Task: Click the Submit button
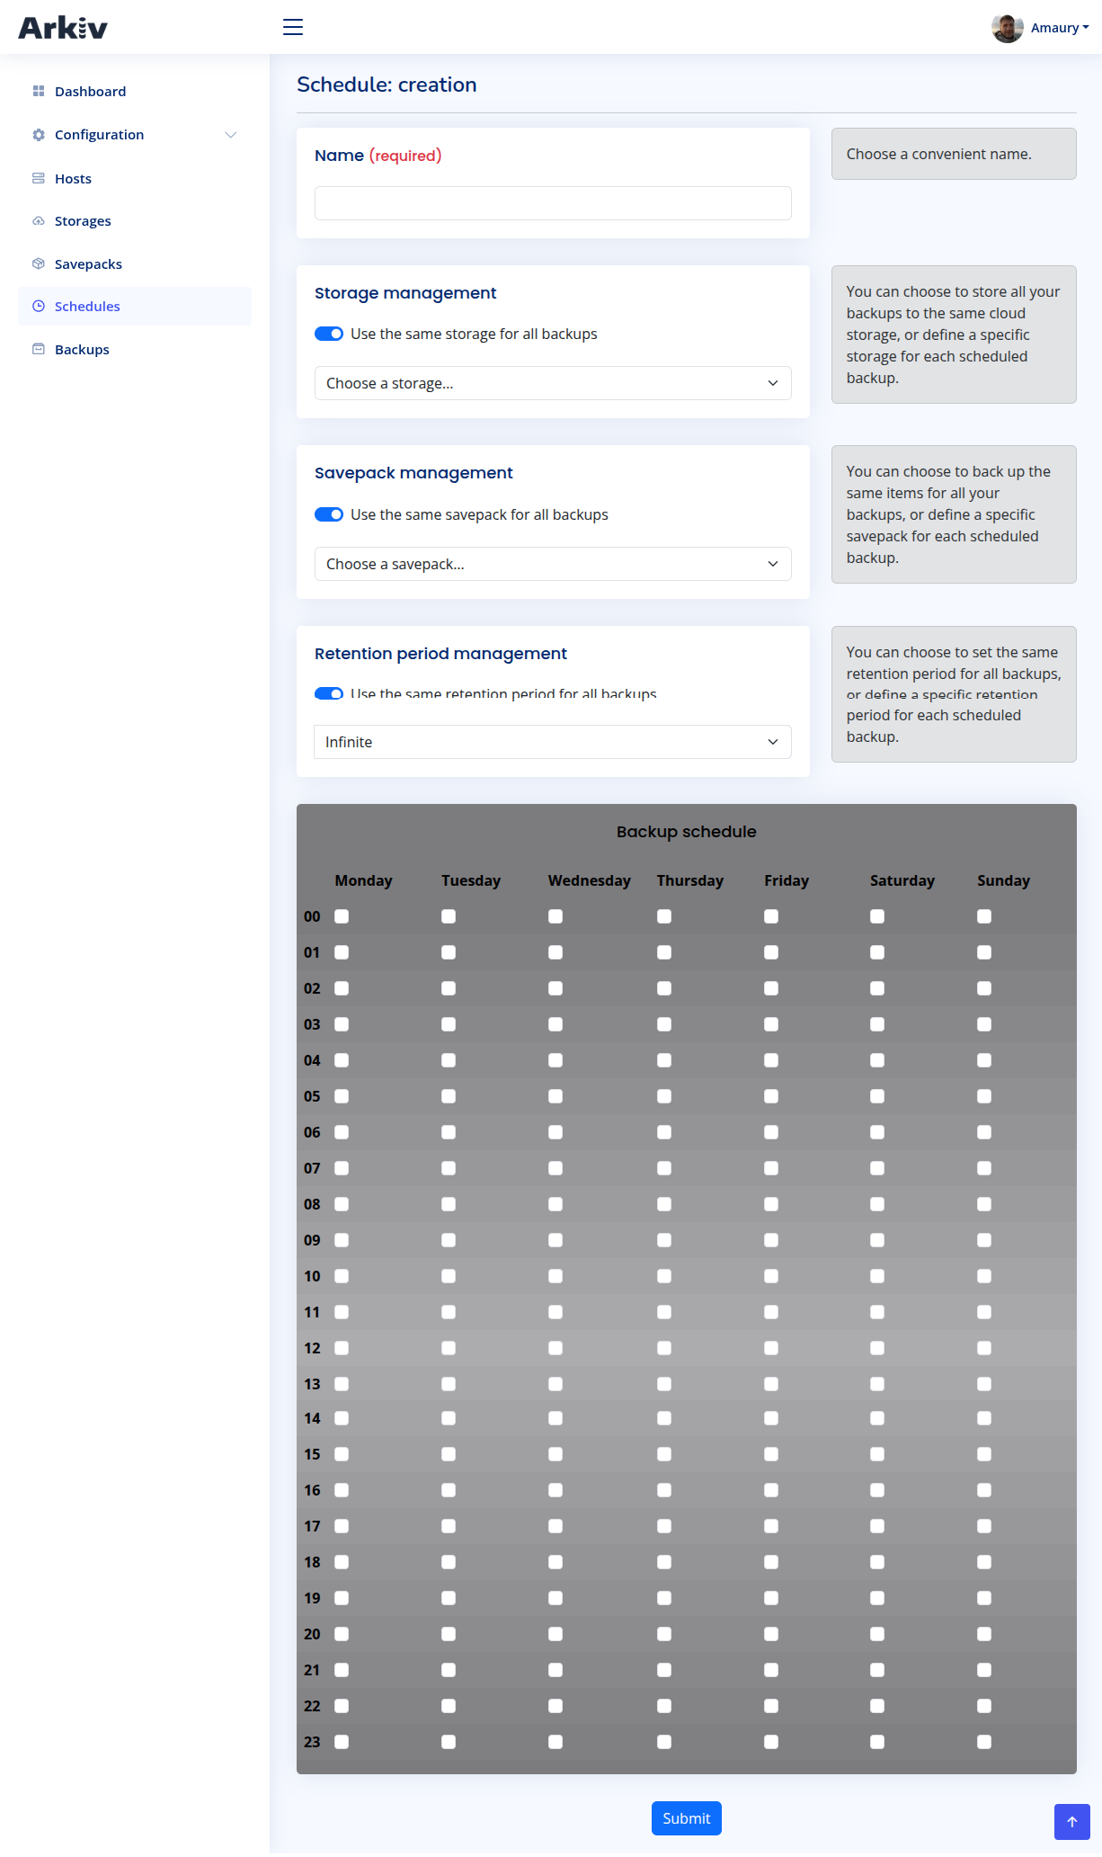[686, 1817]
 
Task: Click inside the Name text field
[553, 203]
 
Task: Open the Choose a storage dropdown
[553, 383]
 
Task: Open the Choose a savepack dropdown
[553, 564]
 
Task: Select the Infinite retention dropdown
[553, 742]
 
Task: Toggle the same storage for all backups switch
[329, 334]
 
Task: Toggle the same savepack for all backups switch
[329, 514]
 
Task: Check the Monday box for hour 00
[342, 916]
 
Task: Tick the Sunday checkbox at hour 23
[984, 1742]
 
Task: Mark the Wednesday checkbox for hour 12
[555, 1348]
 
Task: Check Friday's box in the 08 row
[771, 1204]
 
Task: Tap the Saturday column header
[902, 880]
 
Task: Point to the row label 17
[312, 1526]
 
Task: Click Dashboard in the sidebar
[90, 92]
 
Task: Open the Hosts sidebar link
[73, 179]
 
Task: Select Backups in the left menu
[82, 350]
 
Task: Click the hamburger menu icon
[293, 27]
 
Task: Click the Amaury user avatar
[1007, 28]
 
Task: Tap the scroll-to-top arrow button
[1071, 1822]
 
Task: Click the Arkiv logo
[63, 28]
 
